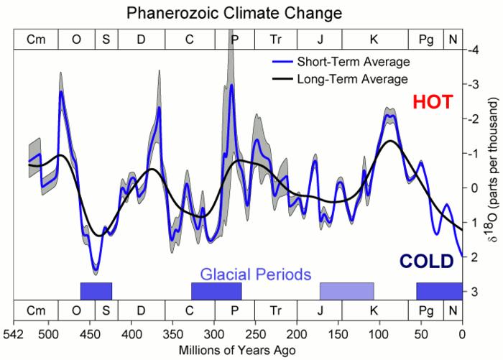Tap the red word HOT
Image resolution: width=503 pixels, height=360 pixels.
pos(433,103)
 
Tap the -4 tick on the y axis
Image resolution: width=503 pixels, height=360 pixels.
pos(474,50)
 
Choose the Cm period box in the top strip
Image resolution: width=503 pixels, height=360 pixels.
pos(36,40)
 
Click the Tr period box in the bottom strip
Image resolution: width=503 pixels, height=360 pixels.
pos(277,310)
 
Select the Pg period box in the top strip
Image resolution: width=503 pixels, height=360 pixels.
pos(426,40)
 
